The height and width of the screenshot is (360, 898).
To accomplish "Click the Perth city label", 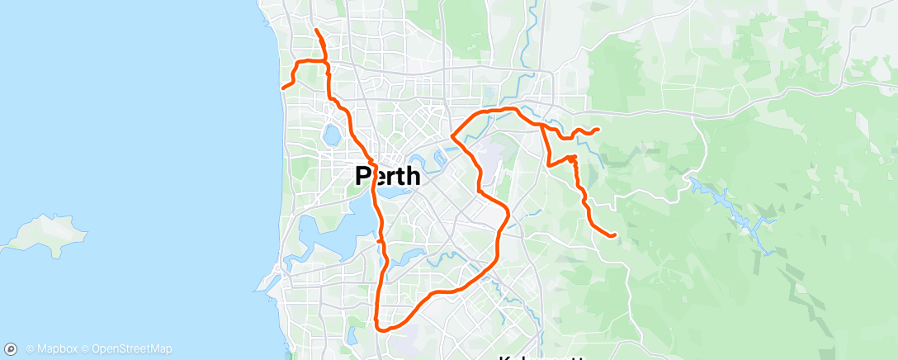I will coord(387,176).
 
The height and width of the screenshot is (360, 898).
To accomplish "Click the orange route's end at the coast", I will coord(283,88).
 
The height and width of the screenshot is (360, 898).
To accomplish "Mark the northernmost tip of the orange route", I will coord(317,31).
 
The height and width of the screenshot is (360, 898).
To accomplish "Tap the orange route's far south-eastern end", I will coord(616,235).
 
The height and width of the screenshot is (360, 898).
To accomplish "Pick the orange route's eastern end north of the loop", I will coord(598,129).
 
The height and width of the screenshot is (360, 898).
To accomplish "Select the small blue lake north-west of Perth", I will coord(333,135).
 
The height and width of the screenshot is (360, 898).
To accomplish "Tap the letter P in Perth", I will coord(363,176).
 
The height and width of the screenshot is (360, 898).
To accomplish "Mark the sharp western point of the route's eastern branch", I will coord(452,137).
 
